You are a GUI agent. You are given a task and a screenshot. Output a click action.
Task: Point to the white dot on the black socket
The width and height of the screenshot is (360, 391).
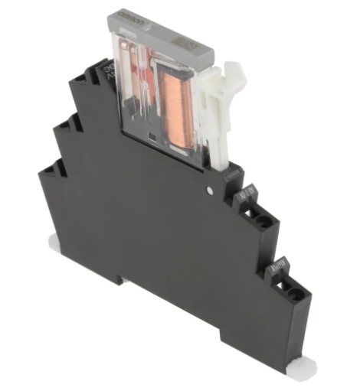coord(210,187)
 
